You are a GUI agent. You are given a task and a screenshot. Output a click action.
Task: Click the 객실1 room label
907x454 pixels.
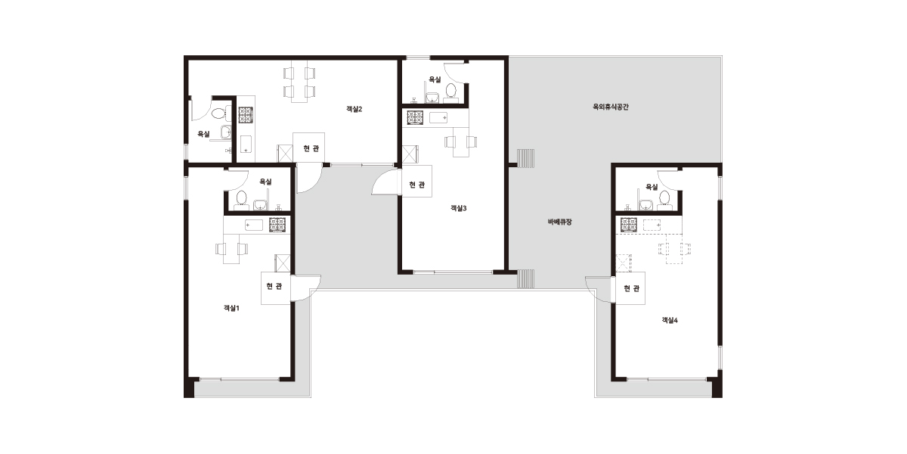tap(231, 308)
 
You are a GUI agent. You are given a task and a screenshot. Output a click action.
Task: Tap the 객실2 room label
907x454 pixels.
tap(354, 109)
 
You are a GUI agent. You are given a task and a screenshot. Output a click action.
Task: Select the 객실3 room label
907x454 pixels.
tap(459, 208)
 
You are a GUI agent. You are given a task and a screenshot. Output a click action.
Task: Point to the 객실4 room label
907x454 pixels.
tap(670, 320)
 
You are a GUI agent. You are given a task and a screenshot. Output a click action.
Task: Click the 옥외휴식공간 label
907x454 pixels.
tap(611, 107)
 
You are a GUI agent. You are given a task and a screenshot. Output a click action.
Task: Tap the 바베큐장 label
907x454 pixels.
tap(559, 222)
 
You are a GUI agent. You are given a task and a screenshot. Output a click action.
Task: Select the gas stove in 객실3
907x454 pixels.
tap(415, 117)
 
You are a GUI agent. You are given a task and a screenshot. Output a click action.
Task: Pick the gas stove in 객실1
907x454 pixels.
tap(277, 225)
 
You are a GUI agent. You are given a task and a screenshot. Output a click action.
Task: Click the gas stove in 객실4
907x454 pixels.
tap(629, 225)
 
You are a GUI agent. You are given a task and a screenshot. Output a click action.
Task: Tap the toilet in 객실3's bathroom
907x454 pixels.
tap(450, 92)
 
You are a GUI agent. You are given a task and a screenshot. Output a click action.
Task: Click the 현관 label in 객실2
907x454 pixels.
tap(311, 148)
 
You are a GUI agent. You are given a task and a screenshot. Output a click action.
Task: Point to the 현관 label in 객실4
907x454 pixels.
tap(631, 288)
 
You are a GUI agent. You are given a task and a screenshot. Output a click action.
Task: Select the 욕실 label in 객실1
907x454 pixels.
tap(265, 182)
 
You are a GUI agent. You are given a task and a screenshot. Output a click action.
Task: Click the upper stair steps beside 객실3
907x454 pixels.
tap(525, 158)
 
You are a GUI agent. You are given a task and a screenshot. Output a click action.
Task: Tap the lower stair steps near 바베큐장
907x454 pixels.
tap(525, 278)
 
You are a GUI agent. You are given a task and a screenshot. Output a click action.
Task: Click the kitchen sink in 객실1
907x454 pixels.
tap(254, 225)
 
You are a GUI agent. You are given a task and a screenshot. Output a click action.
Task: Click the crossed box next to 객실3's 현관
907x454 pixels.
tap(410, 154)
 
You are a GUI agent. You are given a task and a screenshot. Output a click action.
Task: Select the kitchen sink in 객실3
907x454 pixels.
tap(438, 117)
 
